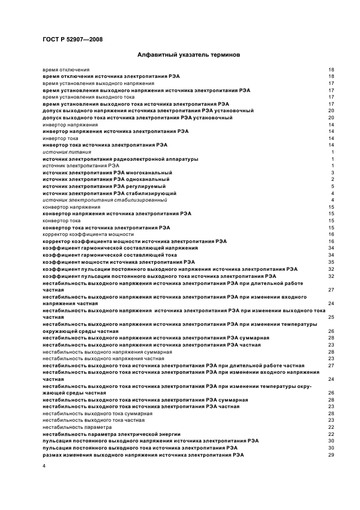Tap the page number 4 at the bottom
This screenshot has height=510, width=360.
(x=44, y=467)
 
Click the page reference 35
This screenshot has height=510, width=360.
(x=331, y=262)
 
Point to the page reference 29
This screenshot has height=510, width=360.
(x=331, y=454)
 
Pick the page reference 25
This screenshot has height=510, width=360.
(x=331, y=317)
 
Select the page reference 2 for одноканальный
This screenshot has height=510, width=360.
(x=332, y=179)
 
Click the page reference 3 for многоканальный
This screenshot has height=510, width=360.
(x=332, y=173)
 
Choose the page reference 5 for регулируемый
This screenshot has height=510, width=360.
(x=332, y=186)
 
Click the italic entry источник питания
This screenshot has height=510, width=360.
(x=59, y=152)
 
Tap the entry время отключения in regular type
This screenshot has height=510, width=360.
(x=66, y=70)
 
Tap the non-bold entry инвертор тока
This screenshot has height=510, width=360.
(x=60, y=138)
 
